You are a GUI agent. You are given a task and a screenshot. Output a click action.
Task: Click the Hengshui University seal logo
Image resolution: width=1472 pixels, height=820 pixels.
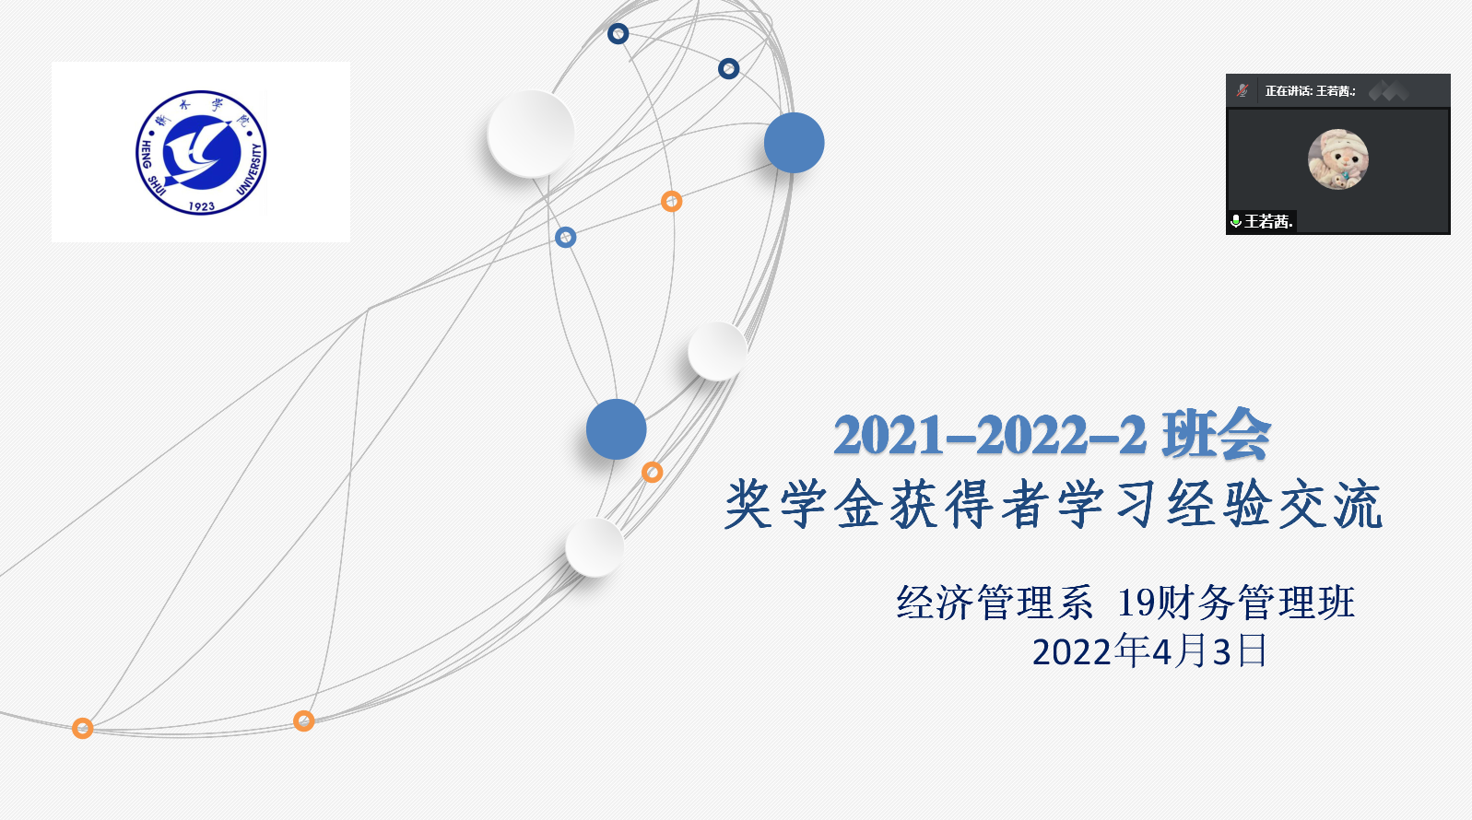click(x=201, y=152)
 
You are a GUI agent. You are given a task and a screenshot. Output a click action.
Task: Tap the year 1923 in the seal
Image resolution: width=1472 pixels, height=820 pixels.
click(x=202, y=206)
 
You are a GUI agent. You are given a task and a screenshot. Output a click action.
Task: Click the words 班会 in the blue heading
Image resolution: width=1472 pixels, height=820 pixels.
click(x=1216, y=434)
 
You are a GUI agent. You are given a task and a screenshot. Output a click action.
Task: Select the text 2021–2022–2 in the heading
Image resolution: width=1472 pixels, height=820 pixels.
click(x=990, y=435)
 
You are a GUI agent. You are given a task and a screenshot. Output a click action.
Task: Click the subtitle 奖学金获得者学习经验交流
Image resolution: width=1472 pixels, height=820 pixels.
click(x=1054, y=505)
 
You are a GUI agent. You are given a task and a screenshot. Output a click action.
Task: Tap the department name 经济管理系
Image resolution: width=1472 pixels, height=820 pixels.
click(x=995, y=602)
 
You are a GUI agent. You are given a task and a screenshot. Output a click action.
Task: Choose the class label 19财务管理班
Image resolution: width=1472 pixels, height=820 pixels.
click(x=1236, y=602)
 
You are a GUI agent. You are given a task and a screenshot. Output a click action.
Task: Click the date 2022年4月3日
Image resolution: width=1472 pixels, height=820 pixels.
click(x=1149, y=651)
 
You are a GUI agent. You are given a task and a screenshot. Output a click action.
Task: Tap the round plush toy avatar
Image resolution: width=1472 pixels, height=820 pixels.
click(x=1338, y=159)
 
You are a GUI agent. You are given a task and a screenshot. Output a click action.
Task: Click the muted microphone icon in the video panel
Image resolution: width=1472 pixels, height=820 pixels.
click(x=1242, y=90)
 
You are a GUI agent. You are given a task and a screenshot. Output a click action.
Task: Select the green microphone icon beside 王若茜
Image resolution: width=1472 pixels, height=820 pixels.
click(x=1235, y=221)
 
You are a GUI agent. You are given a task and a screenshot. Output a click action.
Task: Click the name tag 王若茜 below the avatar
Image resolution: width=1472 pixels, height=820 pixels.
click(x=1268, y=221)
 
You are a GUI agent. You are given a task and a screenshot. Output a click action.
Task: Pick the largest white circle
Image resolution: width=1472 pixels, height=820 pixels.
click(x=531, y=134)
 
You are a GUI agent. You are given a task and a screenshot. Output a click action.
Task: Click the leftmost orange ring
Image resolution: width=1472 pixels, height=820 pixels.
click(x=82, y=728)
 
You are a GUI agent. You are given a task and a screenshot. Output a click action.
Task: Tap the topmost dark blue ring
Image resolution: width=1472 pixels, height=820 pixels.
click(x=618, y=33)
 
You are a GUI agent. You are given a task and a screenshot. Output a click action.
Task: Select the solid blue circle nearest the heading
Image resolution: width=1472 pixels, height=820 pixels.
click(x=617, y=429)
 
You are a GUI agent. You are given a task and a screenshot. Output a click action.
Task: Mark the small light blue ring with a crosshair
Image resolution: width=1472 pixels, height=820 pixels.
click(x=566, y=237)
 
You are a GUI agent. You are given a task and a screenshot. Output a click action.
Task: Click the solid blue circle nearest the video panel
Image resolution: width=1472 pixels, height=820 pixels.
click(x=794, y=143)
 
